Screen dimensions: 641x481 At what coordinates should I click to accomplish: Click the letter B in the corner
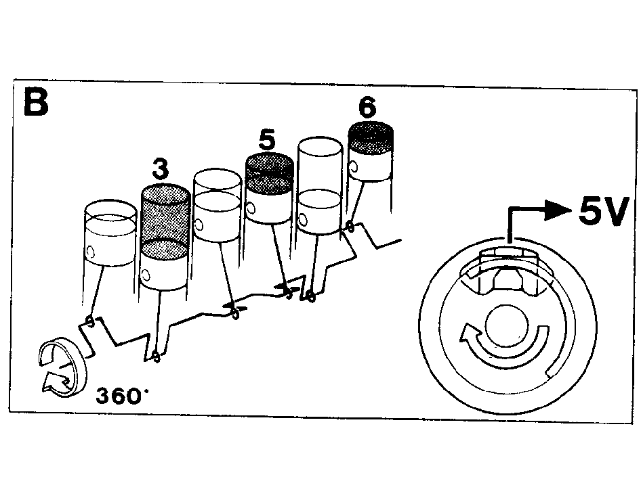37,101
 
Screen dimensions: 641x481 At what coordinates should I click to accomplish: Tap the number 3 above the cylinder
160,169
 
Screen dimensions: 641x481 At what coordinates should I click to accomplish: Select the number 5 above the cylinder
268,141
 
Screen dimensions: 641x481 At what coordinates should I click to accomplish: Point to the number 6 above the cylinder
367,108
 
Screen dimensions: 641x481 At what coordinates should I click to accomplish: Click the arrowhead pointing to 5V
559,210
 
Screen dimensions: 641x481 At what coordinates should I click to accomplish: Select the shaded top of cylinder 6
371,137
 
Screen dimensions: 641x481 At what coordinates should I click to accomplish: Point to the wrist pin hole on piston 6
353,167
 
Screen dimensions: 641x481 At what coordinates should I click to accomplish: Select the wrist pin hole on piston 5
251,208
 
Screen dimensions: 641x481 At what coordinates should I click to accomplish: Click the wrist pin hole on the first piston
90,252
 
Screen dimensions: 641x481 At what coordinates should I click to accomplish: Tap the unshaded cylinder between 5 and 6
319,186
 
